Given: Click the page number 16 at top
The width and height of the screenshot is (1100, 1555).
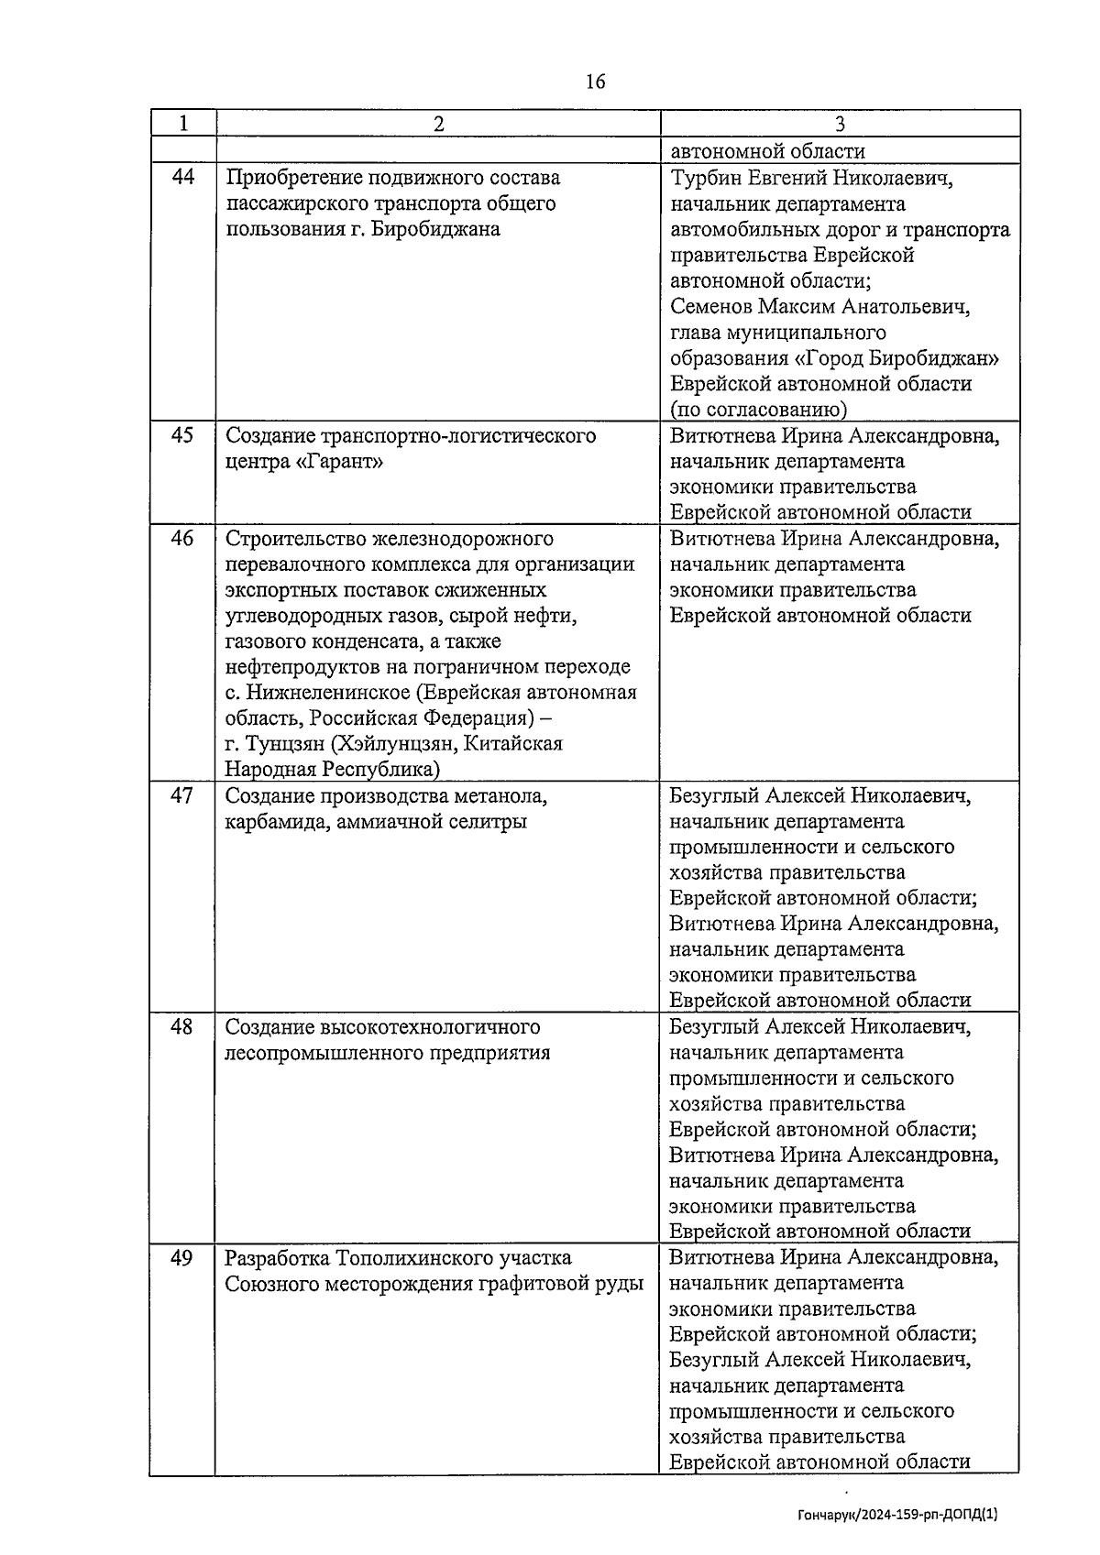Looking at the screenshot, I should [x=595, y=82].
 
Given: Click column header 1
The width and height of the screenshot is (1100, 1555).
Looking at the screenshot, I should [x=183, y=124].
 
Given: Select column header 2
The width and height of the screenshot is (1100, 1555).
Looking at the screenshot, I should [x=438, y=124].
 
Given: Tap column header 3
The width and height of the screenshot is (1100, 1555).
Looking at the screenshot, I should [x=840, y=124].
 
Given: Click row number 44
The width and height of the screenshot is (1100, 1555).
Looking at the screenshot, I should [x=183, y=177].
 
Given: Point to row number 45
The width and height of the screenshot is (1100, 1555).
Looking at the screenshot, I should [x=182, y=435].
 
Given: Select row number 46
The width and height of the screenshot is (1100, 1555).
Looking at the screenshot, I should [x=182, y=538].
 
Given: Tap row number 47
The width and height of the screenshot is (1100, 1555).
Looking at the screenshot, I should [x=182, y=795].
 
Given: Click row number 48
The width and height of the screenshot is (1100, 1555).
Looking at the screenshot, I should [x=182, y=1026].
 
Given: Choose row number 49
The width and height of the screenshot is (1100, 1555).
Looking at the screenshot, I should [x=182, y=1257].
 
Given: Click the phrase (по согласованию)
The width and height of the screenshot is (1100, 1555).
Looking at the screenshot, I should [x=758, y=410].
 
